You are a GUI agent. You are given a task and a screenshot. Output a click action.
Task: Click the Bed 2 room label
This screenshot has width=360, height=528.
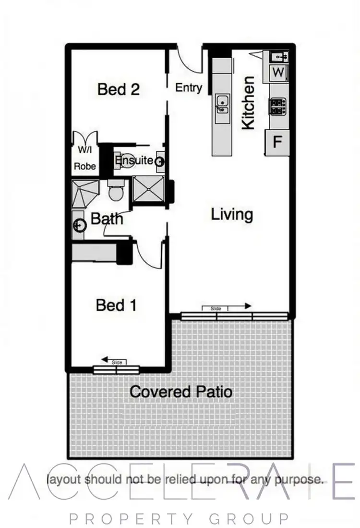point(118,89)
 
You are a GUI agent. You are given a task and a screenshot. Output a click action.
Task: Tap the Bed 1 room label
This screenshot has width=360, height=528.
point(117,305)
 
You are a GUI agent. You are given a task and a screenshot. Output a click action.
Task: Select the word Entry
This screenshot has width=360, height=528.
point(189,88)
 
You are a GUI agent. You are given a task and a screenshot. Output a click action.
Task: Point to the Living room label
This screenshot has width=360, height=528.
point(232,214)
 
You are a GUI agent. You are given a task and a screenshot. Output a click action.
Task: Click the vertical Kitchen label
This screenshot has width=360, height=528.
point(248,108)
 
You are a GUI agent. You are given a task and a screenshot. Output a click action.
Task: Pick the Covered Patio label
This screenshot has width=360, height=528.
point(181,392)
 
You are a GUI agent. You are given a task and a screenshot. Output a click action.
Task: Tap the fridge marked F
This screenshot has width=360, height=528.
point(277,142)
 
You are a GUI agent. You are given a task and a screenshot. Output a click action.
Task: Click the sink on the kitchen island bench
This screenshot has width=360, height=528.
point(222,103)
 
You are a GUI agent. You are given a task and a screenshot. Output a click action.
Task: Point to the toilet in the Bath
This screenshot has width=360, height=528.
point(116,191)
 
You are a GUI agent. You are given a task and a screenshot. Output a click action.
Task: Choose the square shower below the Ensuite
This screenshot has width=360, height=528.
point(148,189)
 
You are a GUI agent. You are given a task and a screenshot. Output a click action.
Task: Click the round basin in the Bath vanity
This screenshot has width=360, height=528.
point(79,224)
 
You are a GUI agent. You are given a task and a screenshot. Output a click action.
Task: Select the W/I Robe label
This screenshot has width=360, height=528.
point(85,159)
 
